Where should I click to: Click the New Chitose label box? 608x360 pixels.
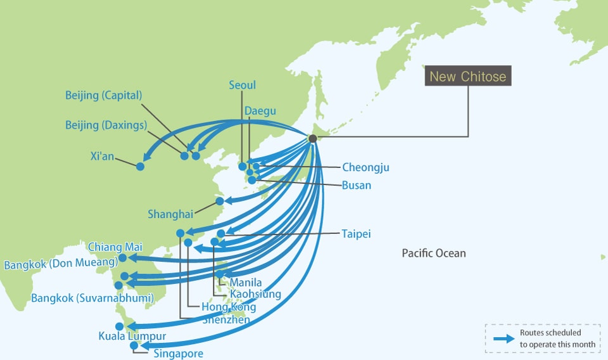pyautogui.click(x=468, y=77)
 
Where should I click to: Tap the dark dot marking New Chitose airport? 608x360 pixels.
pyautogui.click(x=312, y=138)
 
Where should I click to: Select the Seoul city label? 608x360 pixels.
pyautogui.click(x=243, y=85)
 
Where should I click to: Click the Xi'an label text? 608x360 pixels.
pyautogui.click(x=102, y=156)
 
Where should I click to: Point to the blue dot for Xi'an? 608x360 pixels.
pyautogui.click(x=140, y=166)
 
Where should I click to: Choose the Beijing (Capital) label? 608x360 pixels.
pyautogui.click(x=103, y=96)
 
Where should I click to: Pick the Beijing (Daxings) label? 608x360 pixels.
pyautogui.click(x=106, y=125)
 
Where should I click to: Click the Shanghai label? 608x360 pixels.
pyautogui.click(x=170, y=214)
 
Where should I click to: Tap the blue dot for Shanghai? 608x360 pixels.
pyautogui.click(x=220, y=201)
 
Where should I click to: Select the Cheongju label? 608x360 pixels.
pyautogui.click(x=365, y=168)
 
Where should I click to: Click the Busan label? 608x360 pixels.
pyautogui.click(x=356, y=186)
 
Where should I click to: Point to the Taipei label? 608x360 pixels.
pyautogui.click(x=356, y=234)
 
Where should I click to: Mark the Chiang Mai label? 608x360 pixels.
pyautogui.click(x=115, y=247)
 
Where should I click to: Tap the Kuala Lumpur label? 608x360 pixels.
pyautogui.click(x=132, y=336)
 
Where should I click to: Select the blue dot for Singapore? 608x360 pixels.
pyautogui.click(x=133, y=345)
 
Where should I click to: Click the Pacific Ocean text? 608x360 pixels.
pyautogui.click(x=434, y=254)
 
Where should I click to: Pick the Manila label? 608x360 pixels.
pyautogui.click(x=246, y=282)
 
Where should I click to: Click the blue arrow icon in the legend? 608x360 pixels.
pyautogui.click(x=503, y=338)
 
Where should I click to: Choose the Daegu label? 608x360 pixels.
pyautogui.click(x=260, y=112)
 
